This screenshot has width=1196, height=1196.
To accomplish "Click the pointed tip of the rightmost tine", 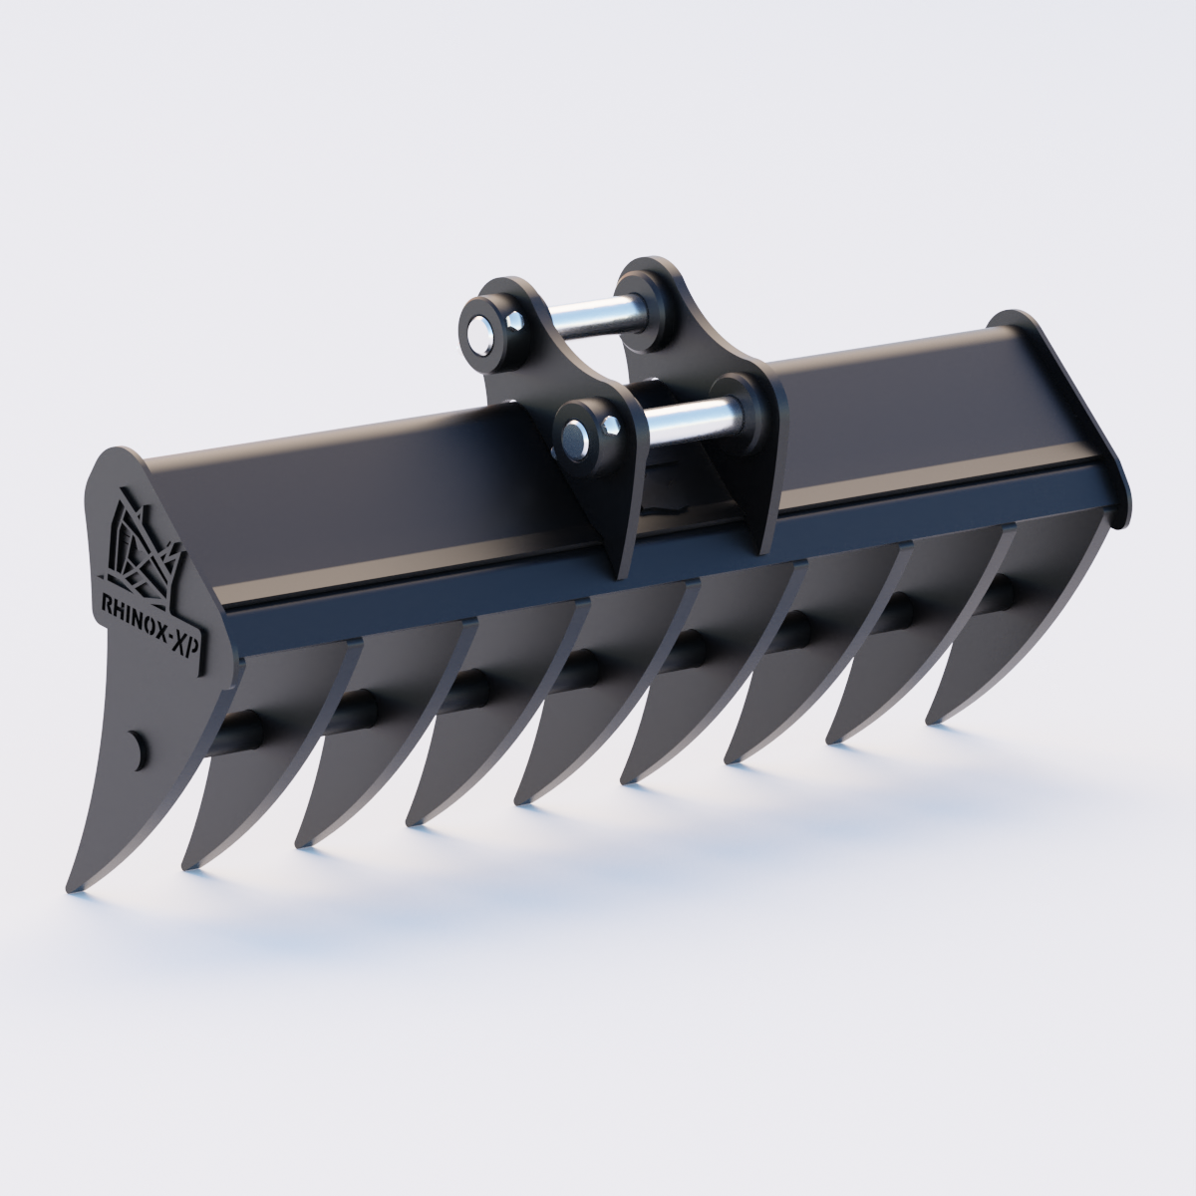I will (931, 720).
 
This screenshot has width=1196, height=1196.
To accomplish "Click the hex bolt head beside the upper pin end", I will (514, 321).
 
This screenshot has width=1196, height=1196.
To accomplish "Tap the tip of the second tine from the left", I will (185, 866).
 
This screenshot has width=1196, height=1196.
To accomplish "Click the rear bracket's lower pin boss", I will (743, 395).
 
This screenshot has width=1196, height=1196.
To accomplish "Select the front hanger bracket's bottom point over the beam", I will (620, 573).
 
